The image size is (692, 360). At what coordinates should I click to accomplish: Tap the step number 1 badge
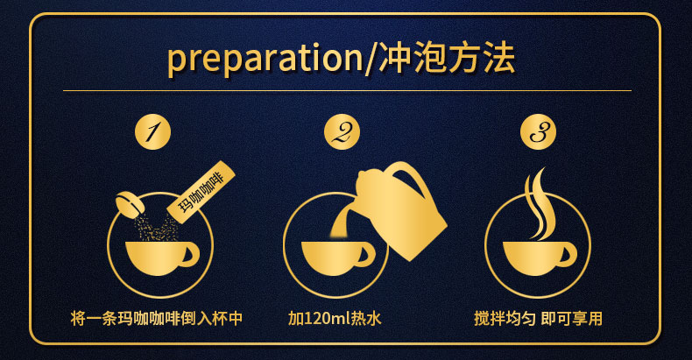click(x=152, y=133)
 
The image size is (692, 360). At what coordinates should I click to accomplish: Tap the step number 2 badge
click(x=342, y=133)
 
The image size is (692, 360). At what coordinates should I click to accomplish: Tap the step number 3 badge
click(x=538, y=133)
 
